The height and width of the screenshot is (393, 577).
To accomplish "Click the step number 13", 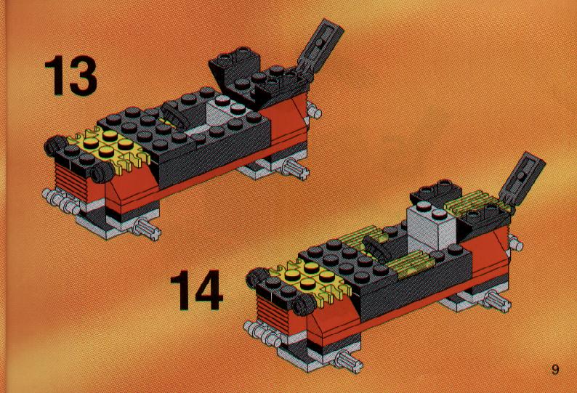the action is pyautogui.click(x=70, y=75).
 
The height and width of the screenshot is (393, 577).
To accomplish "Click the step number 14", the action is pyautogui.click(x=197, y=290).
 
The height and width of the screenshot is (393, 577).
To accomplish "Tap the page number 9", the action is pyautogui.click(x=555, y=369).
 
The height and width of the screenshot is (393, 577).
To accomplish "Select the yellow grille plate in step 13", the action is pyautogui.click(x=110, y=147).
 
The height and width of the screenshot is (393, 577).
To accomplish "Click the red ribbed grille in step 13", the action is pyautogui.click(x=70, y=182).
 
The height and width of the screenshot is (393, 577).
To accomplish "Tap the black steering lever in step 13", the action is pyautogui.click(x=175, y=115).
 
